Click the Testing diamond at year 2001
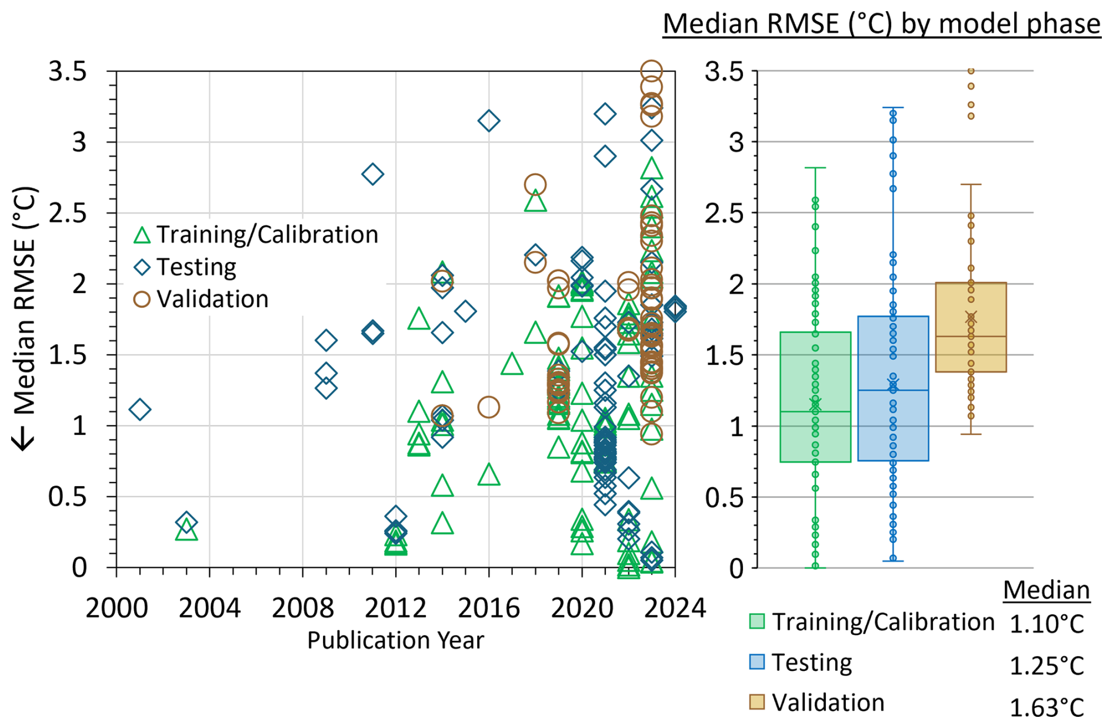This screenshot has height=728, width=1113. click(139, 410)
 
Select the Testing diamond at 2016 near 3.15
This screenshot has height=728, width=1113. click(488, 121)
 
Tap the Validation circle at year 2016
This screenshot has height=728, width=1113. click(488, 407)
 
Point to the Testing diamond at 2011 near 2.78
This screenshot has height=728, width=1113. click(372, 174)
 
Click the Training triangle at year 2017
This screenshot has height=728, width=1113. click(512, 364)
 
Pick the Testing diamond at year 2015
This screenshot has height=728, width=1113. click(465, 311)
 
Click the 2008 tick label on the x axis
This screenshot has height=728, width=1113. click(302, 608)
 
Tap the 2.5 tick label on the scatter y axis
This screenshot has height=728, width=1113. click(68, 214)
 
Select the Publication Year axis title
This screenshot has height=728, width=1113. click(395, 640)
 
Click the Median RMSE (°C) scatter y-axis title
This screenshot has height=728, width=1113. click(25, 318)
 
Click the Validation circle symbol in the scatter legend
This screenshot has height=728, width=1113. click(142, 300)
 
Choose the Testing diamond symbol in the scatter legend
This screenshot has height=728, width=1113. click(142, 267)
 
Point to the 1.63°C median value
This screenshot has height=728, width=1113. click(1046, 707)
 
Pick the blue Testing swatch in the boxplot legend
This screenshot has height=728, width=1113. click(757, 662)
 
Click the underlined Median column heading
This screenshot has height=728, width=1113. click(1046, 590)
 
